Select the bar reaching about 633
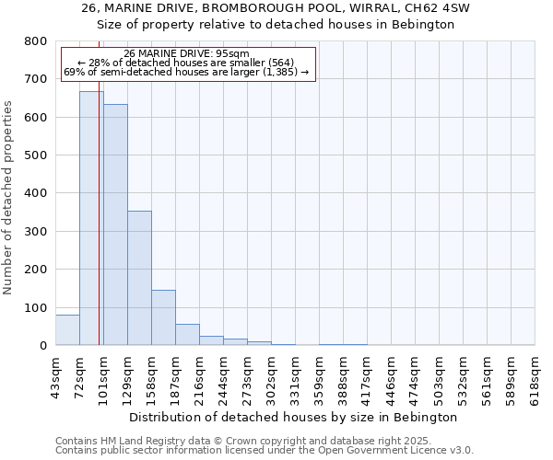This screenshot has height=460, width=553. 115,225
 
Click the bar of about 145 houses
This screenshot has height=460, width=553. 163,317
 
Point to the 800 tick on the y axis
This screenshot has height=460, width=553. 35,41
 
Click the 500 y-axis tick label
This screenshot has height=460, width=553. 35,155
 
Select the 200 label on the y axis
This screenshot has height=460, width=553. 35,270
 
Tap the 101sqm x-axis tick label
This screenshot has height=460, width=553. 103,374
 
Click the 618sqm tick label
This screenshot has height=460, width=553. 535,374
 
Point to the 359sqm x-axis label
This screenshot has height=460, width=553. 319,374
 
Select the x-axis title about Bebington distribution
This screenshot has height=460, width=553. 293,417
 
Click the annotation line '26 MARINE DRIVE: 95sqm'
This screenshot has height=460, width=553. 186,53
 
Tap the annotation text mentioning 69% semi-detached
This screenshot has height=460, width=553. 186,71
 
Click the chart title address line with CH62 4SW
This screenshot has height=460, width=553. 276,8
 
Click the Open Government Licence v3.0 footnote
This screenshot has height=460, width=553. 265,451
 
